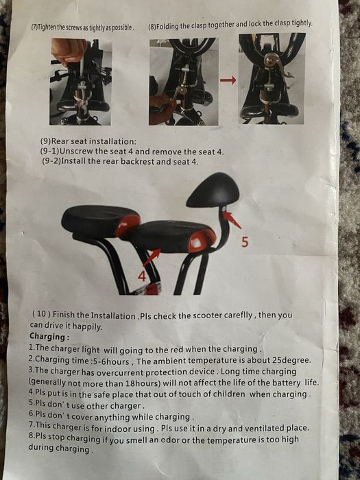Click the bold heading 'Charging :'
tap(49, 337)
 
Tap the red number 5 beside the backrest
tap(243, 242)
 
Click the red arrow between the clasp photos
tap(228, 80)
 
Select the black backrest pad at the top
tap(213, 189)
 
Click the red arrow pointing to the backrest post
tap(232, 220)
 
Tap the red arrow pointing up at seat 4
tap(152, 257)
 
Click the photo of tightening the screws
tap(80, 81)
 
